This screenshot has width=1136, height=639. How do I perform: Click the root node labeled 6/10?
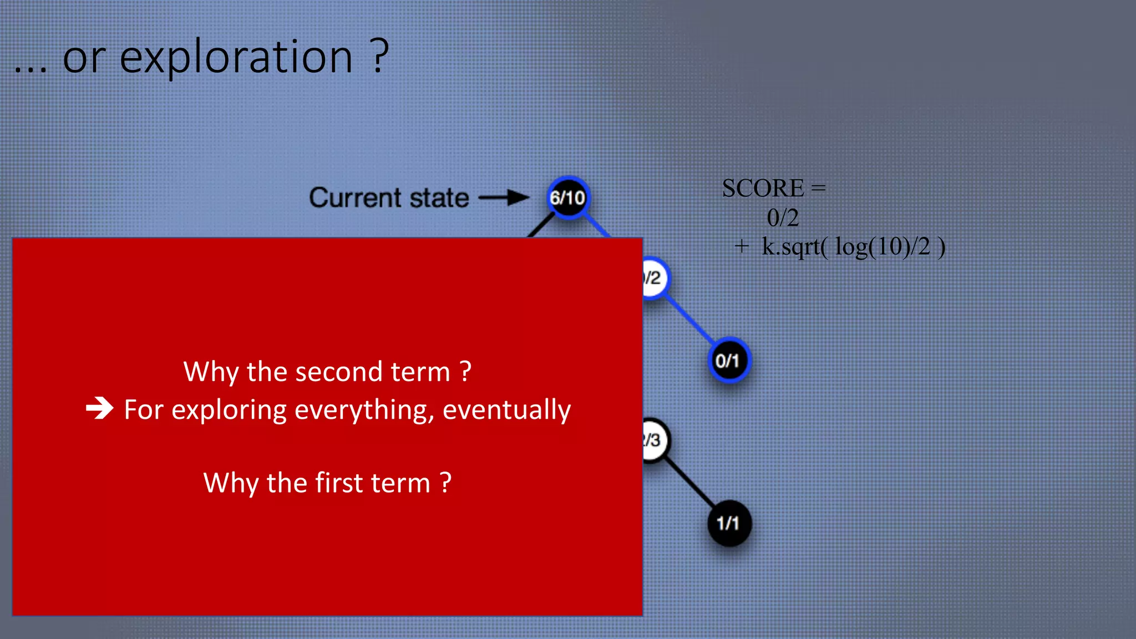tap(567, 197)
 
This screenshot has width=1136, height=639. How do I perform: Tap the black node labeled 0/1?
tap(728, 361)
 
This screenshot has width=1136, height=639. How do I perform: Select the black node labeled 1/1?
tap(728, 523)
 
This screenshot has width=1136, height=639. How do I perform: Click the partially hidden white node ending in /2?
tap(655, 278)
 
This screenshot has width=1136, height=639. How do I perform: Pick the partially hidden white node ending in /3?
tap(655, 440)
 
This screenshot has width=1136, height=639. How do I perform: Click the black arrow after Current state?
tap(504, 197)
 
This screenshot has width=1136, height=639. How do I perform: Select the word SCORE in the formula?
tap(763, 189)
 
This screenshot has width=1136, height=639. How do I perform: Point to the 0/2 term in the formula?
tap(783, 218)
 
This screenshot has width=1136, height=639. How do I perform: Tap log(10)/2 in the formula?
tap(882, 247)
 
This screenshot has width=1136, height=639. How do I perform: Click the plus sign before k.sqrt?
tap(742, 246)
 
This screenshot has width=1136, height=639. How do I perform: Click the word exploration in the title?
tap(236, 58)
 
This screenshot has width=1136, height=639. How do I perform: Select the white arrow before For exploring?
tap(100, 409)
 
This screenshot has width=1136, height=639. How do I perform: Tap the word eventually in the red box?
tap(506, 410)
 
